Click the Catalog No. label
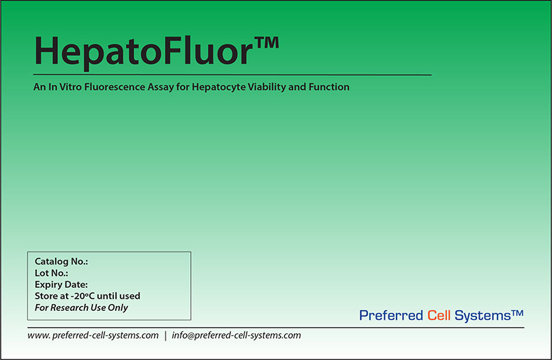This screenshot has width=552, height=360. click(x=61, y=262)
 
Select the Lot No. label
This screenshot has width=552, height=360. click(x=51, y=273)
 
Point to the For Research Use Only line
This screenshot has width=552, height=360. click(x=81, y=307)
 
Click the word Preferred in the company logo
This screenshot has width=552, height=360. click(x=391, y=316)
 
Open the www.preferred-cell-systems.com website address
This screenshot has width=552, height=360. click(x=93, y=335)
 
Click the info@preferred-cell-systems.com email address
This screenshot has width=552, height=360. click(x=236, y=335)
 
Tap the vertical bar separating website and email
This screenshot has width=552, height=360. click(x=166, y=335)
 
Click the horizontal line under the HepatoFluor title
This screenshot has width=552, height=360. click(x=232, y=74)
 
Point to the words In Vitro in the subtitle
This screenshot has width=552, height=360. click(x=63, y=87)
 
